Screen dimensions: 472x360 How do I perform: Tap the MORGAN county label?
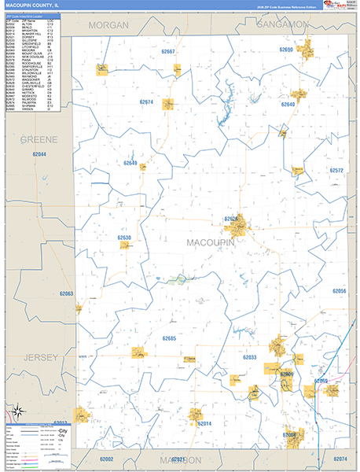(108, 25)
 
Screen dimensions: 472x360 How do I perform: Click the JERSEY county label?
(41, 358)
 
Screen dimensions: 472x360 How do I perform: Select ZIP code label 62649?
(129, 164)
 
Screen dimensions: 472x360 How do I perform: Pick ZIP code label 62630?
(124, 237)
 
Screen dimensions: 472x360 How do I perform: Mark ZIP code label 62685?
(174, 338)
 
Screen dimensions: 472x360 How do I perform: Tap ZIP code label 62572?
(337, 170)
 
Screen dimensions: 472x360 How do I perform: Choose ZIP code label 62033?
(249, 357)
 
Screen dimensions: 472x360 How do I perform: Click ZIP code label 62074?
(340, 459)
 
